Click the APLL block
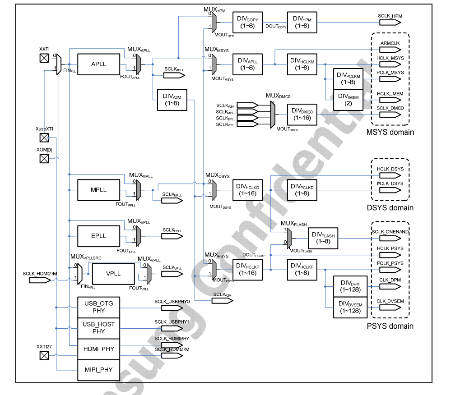coord(98,64)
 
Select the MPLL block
coord(98,190)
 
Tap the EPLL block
coord(98,236)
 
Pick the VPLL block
coord(113,274)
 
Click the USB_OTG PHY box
coord(98,307)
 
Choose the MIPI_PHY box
coord(98,370)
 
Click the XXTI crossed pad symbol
coord(44,58)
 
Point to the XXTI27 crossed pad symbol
coord(44,356)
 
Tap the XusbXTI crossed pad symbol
coord(44,138)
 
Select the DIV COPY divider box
coord(247,21)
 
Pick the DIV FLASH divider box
coord(323,235)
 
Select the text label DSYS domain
coord(390,208)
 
